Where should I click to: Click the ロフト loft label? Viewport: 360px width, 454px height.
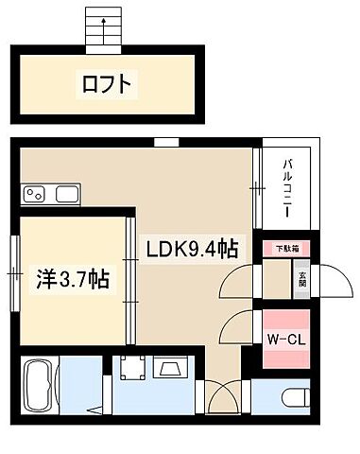[106, 86]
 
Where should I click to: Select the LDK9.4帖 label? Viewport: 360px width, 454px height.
[191, 250]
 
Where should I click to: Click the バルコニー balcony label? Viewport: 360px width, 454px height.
[287, 187]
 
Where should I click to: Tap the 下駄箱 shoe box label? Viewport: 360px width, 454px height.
[286, 249]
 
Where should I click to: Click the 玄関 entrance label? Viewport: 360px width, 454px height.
[302, 280]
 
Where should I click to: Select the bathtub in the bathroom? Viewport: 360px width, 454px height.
[38, 386]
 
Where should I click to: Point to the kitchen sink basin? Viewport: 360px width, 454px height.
[68, 195]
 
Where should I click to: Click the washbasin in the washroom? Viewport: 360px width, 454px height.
[173, 369]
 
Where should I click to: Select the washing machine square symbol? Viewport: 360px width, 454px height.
[130, 369]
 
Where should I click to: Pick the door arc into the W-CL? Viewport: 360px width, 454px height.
[236, 329]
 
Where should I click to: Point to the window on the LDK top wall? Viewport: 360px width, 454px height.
[167, 142]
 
